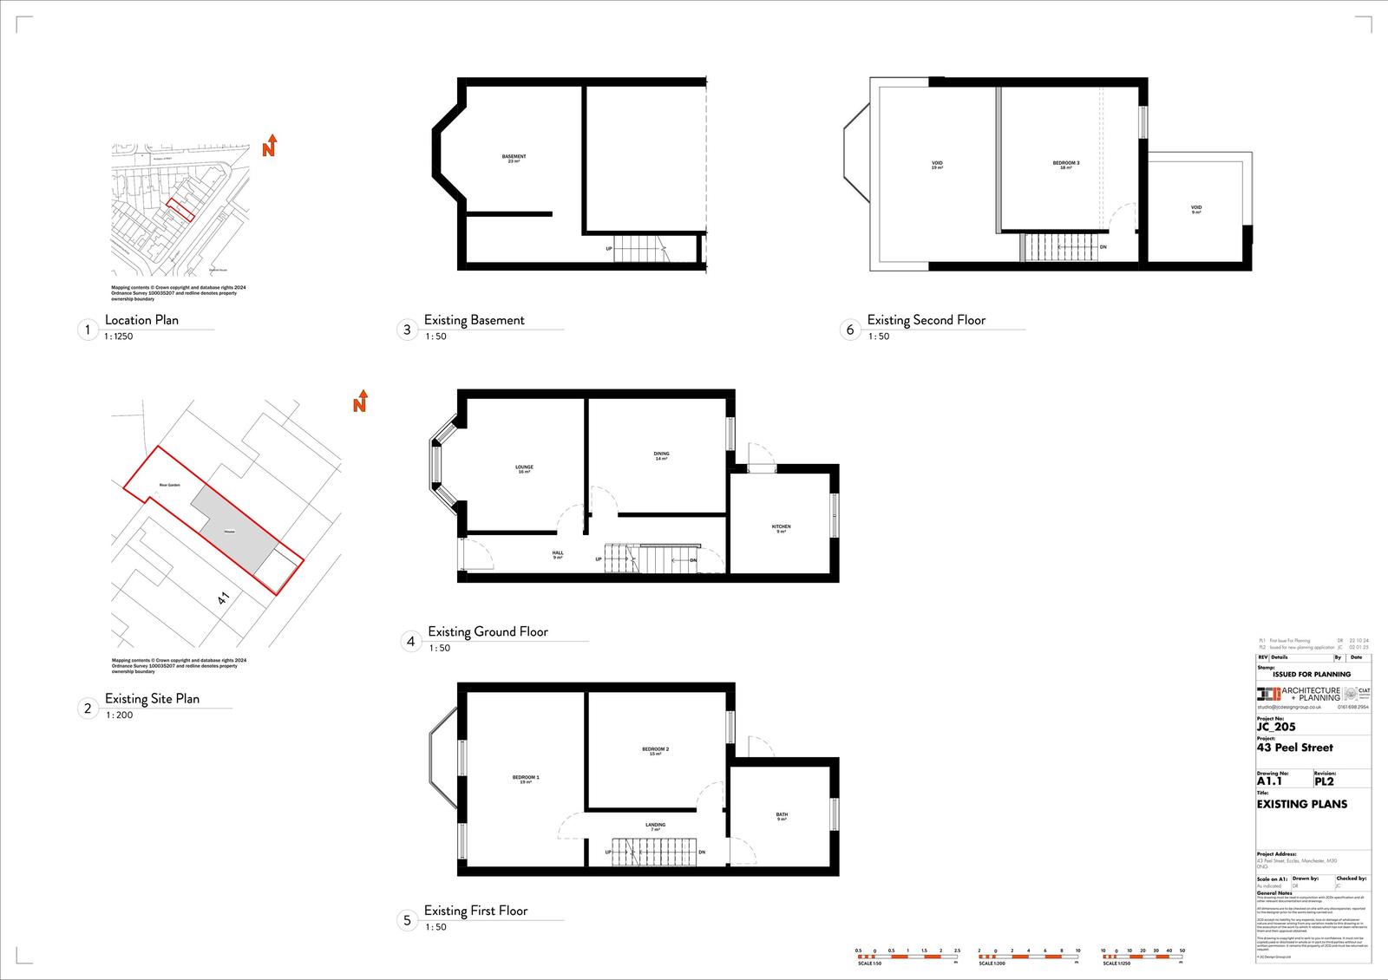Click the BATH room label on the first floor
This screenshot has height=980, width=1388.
coord(782,816)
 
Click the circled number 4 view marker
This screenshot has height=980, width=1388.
coord(411,642)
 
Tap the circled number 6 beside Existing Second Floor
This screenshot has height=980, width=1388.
coord(850,330)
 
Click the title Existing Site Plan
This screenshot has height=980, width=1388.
coord(152,698)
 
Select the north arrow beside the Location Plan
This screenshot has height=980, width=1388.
coord(270,146)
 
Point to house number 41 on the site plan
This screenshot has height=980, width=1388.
coord(224,598)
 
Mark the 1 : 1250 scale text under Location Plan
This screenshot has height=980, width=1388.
coord(119,336)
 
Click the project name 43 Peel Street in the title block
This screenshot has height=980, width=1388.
coord(1295,748)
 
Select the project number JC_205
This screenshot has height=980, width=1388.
coord(1276,727)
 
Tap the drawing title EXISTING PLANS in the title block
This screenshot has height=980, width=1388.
coord(1302,804)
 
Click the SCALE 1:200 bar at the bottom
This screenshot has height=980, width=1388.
coord(1028,954)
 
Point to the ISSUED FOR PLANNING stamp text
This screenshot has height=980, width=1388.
coord(1311,674)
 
